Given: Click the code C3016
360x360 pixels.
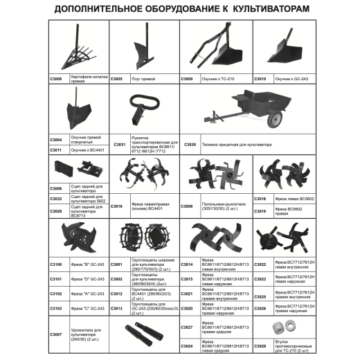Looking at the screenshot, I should coord(118,206).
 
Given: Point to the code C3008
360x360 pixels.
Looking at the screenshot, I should coord(187,206).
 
